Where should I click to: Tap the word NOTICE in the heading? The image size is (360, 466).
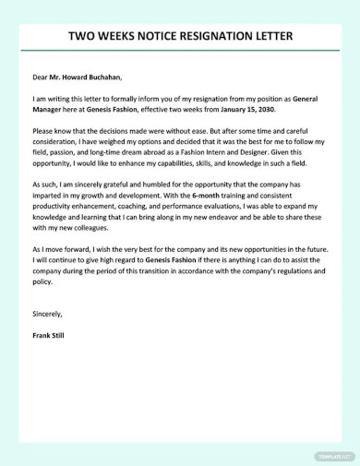(x=146, y=36)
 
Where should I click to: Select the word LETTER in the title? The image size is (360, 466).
(x=269, y=36)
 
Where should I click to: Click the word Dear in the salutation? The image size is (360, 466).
(x=42, y=78)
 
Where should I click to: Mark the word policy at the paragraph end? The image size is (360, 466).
(x=42, y=283)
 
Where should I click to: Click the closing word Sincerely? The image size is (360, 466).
(x=48, y=313)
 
